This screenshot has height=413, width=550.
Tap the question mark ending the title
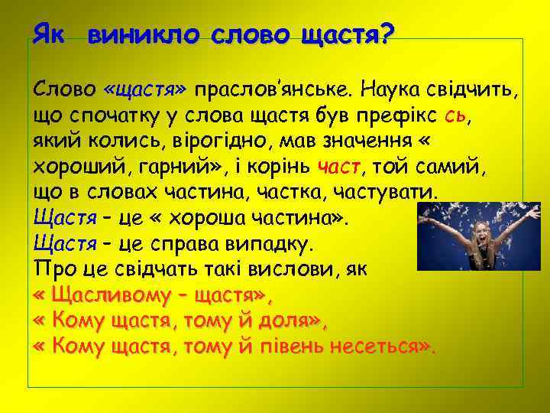(x=386, y=33)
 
